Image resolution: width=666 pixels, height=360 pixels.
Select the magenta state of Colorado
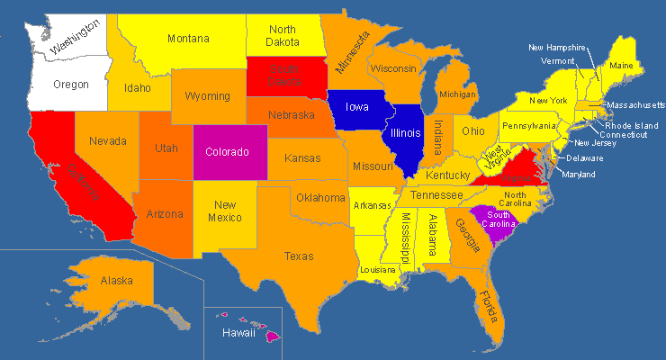tap(226, 152)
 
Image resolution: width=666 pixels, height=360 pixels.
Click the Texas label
tap(299, 256)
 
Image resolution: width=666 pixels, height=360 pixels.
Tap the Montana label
tap(188, 39)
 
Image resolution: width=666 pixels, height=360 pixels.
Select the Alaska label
tap(116, 281)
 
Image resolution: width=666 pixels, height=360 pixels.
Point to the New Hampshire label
tap(557, 47)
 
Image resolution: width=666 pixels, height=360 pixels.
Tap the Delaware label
tap(585, 158)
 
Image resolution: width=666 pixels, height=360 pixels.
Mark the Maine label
tap(620, 65)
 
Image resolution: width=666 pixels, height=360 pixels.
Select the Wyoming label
tap(207, 96)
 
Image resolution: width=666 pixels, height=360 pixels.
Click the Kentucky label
tap(447, 175)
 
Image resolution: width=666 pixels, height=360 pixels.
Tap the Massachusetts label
tap(634, 105)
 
